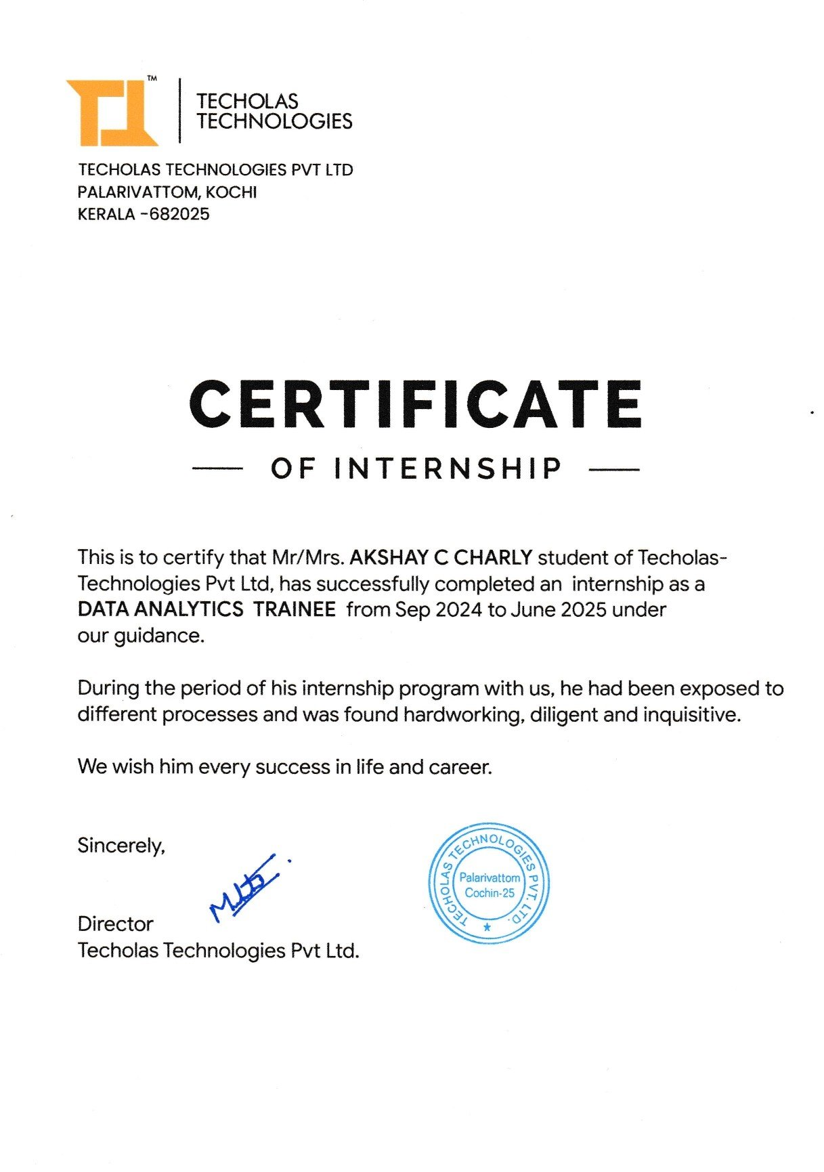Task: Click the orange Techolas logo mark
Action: pos(112,112)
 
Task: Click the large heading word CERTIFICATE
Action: pos(415,404)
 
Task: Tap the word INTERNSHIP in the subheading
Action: pos(448,469)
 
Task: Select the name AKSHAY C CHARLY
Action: pos(441,558)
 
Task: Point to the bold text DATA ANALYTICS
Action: pos(160,609)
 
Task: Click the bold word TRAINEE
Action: pos(295,609)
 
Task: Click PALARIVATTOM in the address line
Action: pos(139,192)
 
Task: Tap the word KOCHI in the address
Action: pos(232,192)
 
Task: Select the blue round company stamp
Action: pos(489,884)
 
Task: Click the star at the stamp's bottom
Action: pos(487,928)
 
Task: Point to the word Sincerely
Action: pos(121,846)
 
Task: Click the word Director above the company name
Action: pos(115,924)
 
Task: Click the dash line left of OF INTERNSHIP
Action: pos(217,469)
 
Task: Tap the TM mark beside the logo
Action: pos(152,79)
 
